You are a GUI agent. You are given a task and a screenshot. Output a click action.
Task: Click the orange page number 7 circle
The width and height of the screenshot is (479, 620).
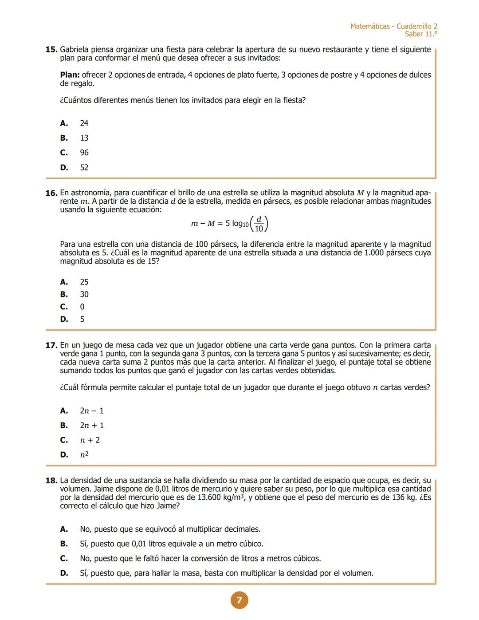pyautogui.click(x=239, y=600)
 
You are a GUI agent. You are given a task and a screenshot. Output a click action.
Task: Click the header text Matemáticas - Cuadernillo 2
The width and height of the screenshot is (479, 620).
pyautogui.click(x=393, y=26)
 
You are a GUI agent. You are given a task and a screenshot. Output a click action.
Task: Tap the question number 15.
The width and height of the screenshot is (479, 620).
pyautogui.click(x=51, y=50)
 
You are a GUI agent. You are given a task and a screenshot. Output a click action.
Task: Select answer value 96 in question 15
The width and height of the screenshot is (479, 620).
pyautogui.click(x=84, y=153)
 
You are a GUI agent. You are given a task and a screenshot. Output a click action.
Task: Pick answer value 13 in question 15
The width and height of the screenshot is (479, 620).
pyautogui.click(x=84, y=138)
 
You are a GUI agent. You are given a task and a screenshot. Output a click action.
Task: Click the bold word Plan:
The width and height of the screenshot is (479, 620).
pyautogui.click(x=70, y=75)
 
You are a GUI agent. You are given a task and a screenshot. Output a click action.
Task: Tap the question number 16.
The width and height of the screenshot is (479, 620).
pyautogui.click(x=51, y=193)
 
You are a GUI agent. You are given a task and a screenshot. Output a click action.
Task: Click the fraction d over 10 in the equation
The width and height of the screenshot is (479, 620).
pyautogui.click(x=259, y=224)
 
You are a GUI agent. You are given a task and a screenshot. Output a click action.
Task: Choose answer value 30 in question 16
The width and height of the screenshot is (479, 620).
pyautogui.click(x=84, y=294)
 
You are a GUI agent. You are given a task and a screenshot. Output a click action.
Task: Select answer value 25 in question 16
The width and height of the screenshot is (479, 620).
pyautogui.click(x=84, y=282)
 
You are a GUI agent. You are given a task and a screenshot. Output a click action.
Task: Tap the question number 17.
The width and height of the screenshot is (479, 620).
pyautogui.click(x=51, y=345)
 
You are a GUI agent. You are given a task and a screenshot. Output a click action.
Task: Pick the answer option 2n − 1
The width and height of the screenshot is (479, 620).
pyautogui.click(x=92, y=411)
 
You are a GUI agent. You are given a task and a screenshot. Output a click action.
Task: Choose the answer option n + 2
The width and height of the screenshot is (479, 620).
pyautogui.click(x=90, y=440)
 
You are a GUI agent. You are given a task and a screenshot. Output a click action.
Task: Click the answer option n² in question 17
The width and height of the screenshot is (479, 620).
pyautogui.click(x=84, y=455)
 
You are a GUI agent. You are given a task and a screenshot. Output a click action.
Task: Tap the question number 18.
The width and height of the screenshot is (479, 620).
pyautogui.click(x=51, y=481)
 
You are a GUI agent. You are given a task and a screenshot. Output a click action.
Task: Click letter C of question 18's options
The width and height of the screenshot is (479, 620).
pyautogui.click(x=64, y=559)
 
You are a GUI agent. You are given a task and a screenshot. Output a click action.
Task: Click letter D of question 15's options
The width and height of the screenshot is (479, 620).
pyautogui.click(x=64, y=168)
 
